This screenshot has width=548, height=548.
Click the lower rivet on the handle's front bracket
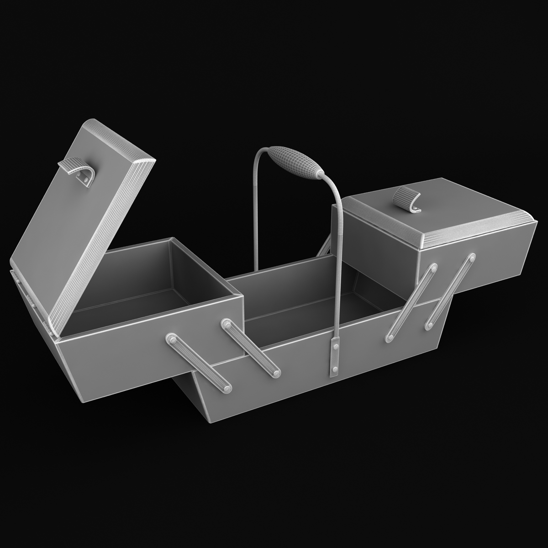click(x=335, y=369)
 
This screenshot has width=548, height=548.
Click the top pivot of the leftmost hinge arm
click(x=172, y=338)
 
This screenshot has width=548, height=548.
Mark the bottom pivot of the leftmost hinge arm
click(x=227, y=389)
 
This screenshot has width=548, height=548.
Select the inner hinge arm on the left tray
click(x=251, y=348)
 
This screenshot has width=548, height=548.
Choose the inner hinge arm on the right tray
click(x=409, y=304)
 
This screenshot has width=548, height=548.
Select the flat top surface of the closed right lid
click(x=438, y=205)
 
